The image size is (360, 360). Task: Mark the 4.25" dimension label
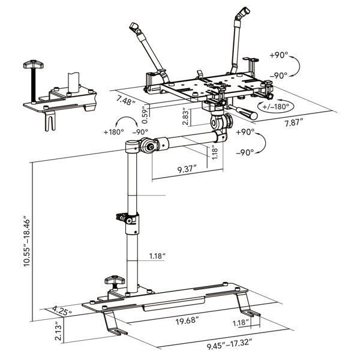point(62,311)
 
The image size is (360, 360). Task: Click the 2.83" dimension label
point(187,115)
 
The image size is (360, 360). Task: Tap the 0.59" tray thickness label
point(143,113)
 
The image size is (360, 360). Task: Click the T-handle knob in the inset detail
point(32,64)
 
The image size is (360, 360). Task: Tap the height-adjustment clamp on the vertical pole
point(128,219)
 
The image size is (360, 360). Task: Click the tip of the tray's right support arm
point(242,12)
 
